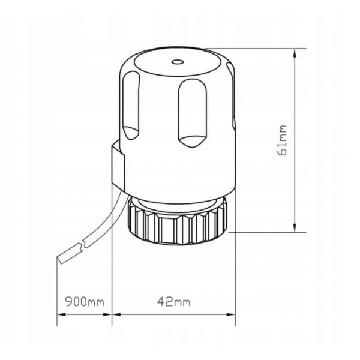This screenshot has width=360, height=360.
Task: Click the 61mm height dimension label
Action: (283, 140)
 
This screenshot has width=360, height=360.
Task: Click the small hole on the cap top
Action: (178, 62)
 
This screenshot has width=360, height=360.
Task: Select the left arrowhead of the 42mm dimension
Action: (116, 314)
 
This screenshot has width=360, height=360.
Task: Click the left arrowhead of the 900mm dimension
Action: (62, 314)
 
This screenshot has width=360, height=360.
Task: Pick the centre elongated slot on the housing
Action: (193, 113)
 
